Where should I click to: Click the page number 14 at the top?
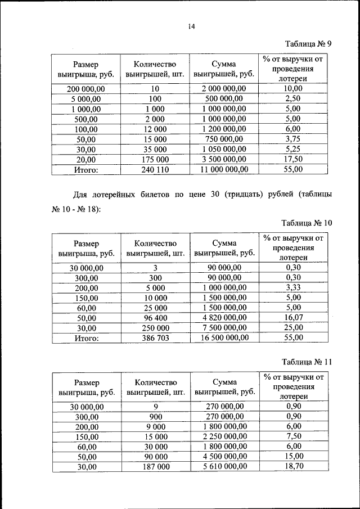(191, 26)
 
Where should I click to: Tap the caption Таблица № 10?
(307, 223)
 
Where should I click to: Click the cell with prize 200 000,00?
(86, 89)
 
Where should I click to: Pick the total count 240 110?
(151, 169)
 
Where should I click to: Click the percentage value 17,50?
(293, 159)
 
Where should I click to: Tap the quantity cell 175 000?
(151, 159)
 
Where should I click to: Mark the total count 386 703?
(151, 339)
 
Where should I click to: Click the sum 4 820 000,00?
(224, 318)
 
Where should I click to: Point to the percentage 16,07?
(293, 318)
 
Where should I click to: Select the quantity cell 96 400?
(151, 318)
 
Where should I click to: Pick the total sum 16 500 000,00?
(224, 339)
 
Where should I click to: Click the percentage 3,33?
(293, 288)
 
